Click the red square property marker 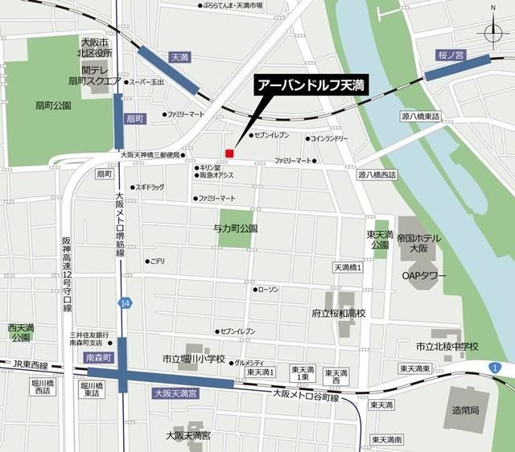229,153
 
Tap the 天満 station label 179,58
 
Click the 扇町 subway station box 134,118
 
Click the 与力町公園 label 235,228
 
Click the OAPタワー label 424,276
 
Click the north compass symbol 491,30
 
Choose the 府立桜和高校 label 338,313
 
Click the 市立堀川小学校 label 193,359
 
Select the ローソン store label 267,289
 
